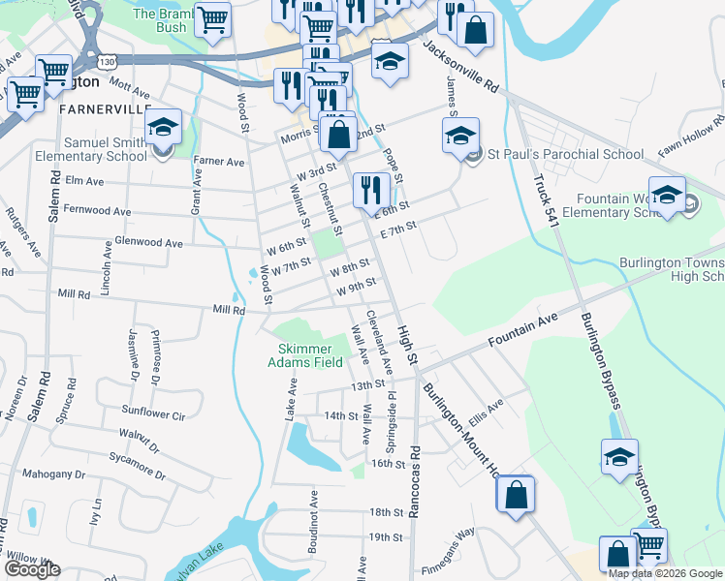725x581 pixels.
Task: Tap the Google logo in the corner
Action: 32,569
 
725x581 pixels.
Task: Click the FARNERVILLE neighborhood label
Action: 105,108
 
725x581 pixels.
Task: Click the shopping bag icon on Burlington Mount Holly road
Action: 516,494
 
